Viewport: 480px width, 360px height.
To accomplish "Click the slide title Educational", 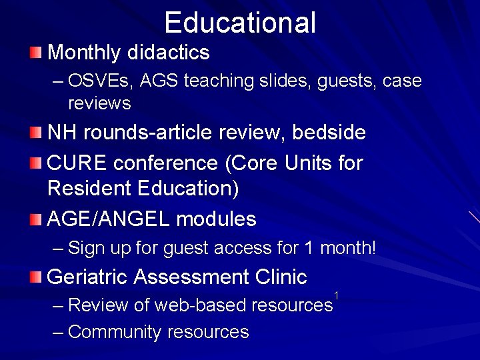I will pos(240,22).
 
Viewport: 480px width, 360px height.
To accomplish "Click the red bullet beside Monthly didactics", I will pos(35,52).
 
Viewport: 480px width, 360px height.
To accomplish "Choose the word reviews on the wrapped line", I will pos(99,104).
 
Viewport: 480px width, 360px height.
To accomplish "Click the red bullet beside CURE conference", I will pos(35,162).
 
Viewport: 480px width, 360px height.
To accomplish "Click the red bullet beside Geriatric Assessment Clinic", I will pos(35,275).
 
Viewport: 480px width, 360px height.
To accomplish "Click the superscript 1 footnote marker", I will pos(337,295).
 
